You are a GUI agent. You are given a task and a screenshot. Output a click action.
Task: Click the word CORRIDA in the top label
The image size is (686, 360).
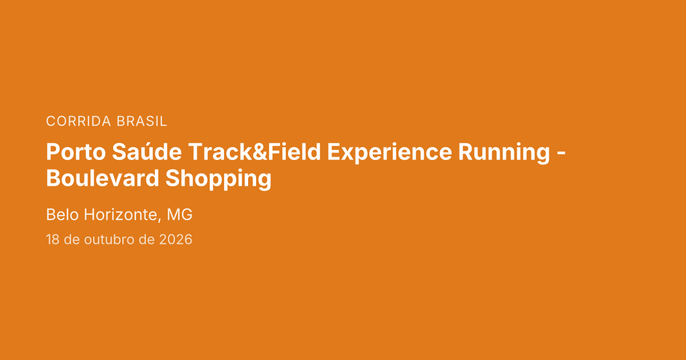point(78,121)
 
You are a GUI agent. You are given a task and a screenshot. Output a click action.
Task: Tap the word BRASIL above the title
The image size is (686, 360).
point(142,121)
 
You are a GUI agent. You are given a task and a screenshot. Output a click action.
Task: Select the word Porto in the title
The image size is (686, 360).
point(76,152)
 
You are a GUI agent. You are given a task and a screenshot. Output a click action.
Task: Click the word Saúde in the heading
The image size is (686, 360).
point(147,151)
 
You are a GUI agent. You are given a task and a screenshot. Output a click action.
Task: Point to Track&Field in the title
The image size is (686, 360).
point(254,151)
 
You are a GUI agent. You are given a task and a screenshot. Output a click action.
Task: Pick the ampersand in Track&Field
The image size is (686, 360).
point(260,152)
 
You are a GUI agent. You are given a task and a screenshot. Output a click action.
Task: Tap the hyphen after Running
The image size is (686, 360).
point(561,154)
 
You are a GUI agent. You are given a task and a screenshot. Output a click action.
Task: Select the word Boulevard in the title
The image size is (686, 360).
point(102,178)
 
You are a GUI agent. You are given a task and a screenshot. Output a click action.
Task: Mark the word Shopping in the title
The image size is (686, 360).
point(218,179)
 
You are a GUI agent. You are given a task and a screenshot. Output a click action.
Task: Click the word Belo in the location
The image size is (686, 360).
point(62,214)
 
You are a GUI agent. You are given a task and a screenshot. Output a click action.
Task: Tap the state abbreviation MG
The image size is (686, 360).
point(180,214)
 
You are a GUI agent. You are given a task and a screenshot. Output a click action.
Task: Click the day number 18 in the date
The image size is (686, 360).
point(53,239)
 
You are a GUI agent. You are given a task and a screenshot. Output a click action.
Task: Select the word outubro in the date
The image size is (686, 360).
point(109,239)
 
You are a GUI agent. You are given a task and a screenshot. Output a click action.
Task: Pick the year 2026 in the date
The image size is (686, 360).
point(176,239)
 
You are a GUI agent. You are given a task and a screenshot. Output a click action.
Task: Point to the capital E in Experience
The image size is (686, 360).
point(333,152)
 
